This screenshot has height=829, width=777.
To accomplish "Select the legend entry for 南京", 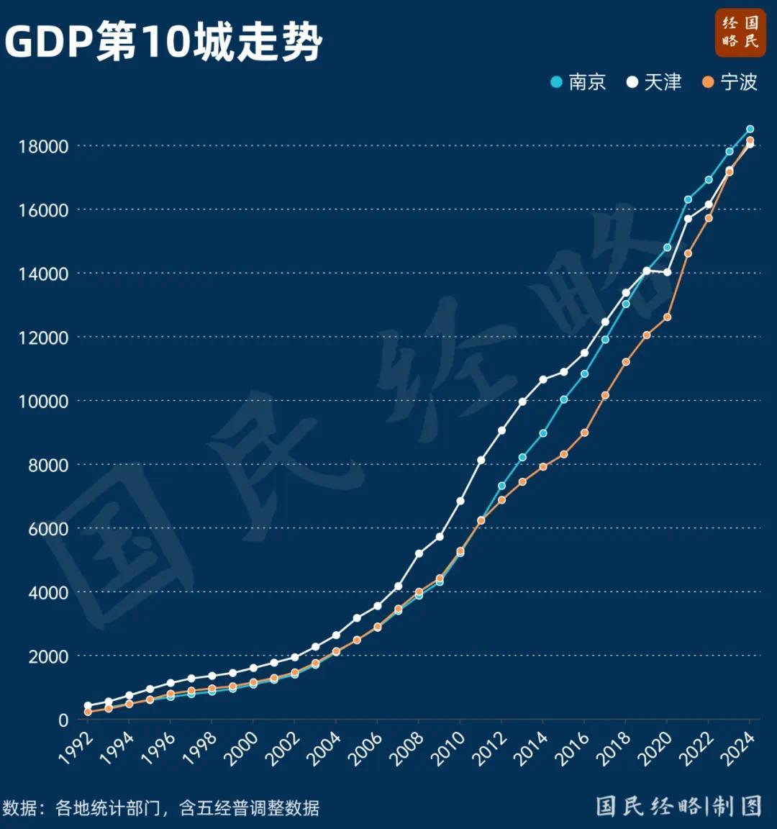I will [x=578, y=82].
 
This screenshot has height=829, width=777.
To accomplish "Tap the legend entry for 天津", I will [x=654, y=82].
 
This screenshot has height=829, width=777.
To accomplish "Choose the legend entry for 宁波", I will [x=730, y=82].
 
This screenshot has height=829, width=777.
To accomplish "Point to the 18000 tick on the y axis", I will [x=43, y=147].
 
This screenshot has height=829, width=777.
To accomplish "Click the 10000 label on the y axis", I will [x=43, y=402].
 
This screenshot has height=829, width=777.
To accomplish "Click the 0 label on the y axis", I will [x=63, y=720].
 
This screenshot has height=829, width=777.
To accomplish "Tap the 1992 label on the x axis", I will [x=77, y=748].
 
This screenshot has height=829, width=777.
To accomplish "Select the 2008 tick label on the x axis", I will [x=409, y=748].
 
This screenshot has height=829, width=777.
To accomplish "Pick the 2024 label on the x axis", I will [x=740, y=748].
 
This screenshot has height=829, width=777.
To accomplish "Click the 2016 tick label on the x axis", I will [x=574, y=748].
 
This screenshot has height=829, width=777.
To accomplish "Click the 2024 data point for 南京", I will [x=750, y=130].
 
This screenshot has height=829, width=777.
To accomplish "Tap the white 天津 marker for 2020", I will [x=668, y=272].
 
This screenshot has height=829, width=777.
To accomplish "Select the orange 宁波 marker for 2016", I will [x=584, y=433].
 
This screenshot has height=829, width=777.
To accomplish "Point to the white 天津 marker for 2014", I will [x=543, y=379].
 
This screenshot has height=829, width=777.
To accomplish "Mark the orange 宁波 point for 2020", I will [x=667, y=317].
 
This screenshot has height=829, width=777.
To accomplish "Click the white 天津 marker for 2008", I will [x=419, y=554].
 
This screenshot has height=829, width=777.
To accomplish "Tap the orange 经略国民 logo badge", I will [x=740, y=32].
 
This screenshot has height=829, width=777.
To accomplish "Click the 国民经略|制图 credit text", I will [x=678, y=806].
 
